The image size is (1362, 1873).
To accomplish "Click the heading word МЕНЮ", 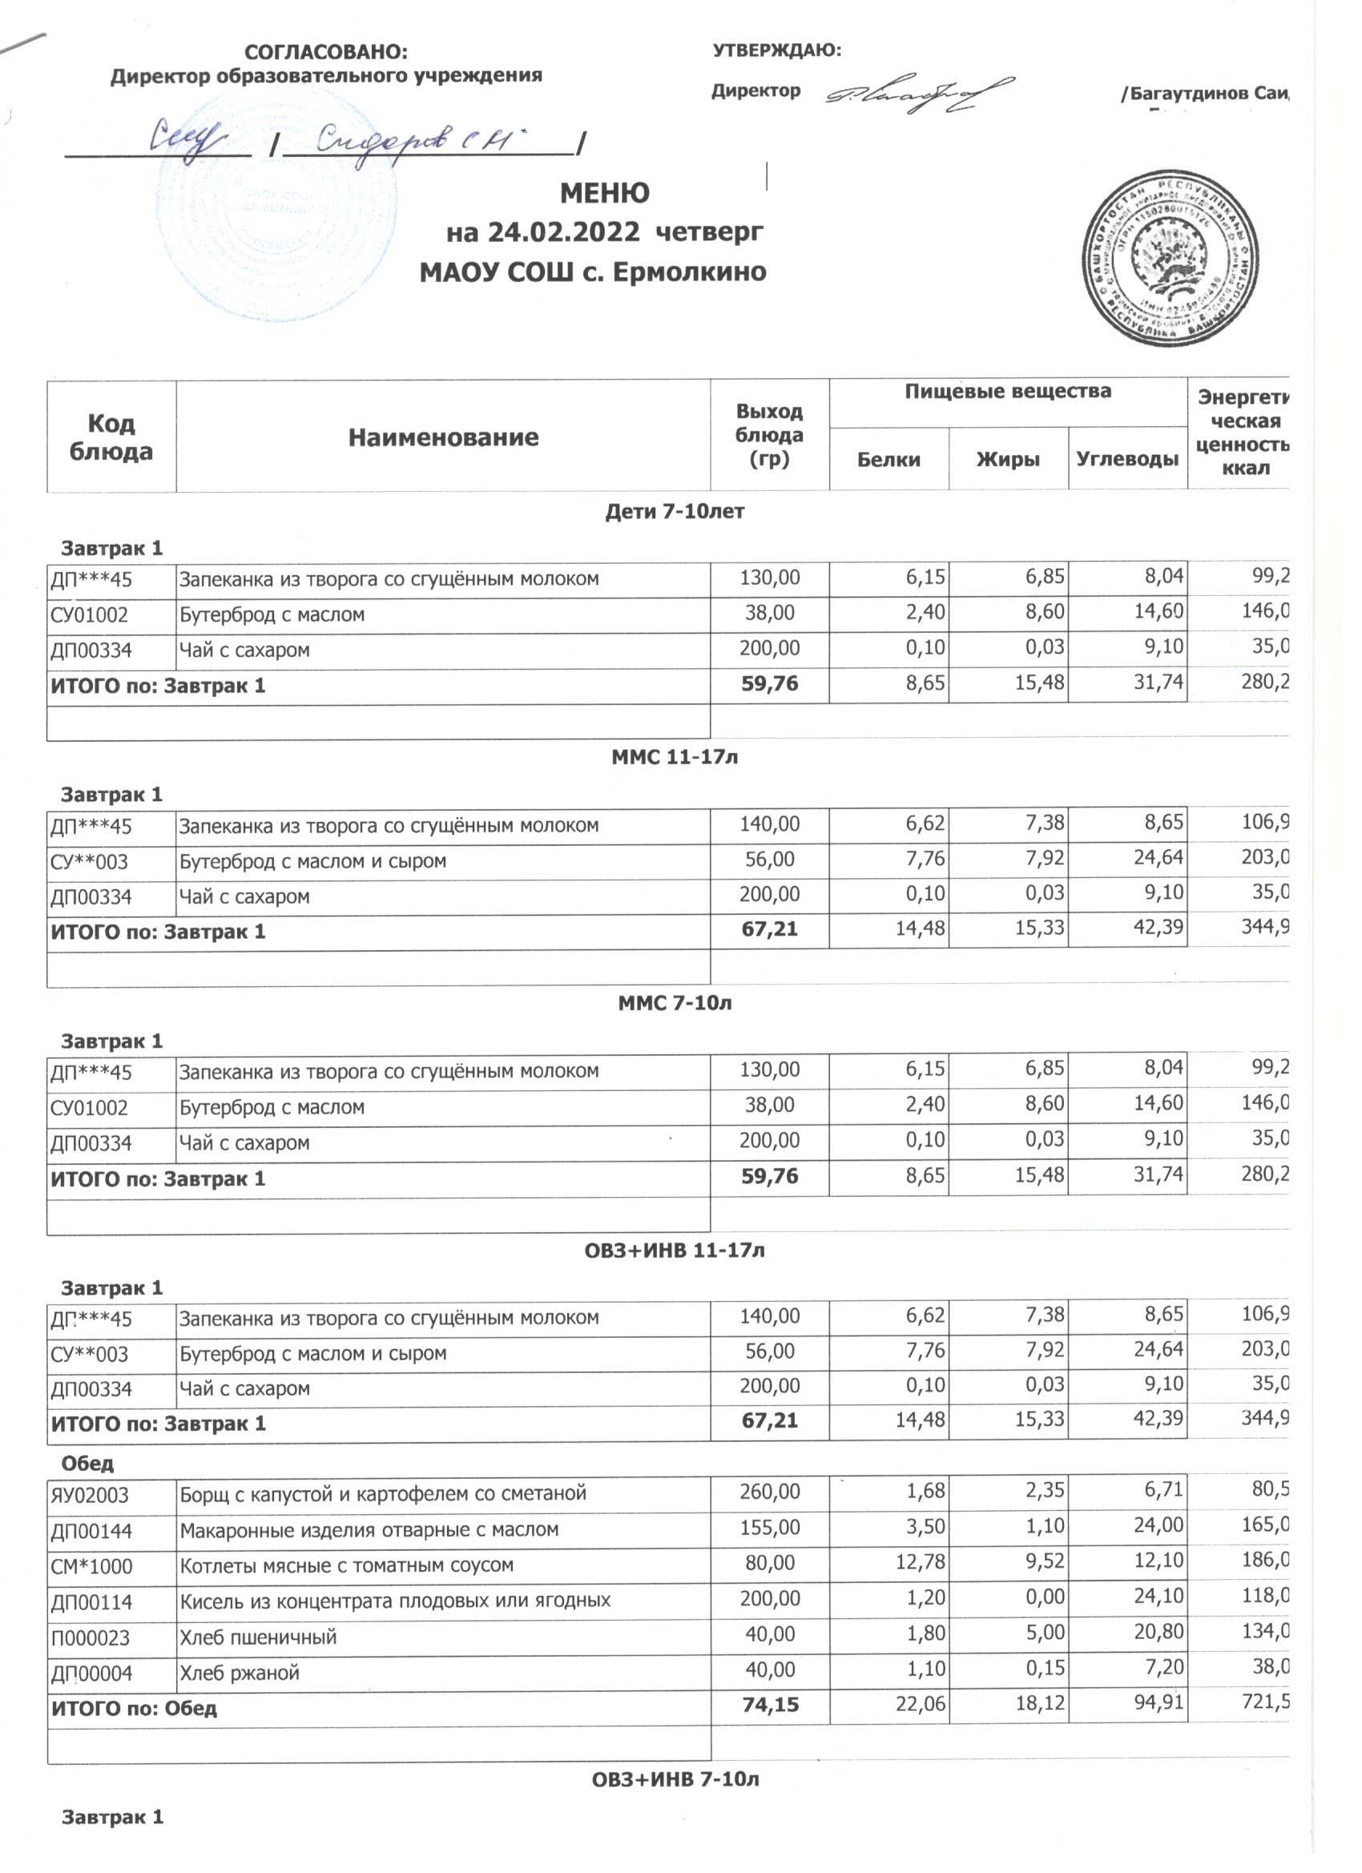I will coord(605,193).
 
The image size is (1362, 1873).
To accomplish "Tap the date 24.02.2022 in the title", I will coord(563,232).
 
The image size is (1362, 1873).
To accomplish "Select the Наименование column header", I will coord(443,437).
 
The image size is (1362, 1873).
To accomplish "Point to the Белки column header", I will coord(889,459).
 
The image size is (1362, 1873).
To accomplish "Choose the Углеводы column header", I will coord(1126,459).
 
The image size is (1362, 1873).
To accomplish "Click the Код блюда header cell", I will coord(111,437).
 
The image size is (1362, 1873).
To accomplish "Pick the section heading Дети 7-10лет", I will coord(675,511).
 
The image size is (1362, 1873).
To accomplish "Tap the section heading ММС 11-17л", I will coord(674,757).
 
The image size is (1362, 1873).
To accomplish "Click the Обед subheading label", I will coord(87,1464).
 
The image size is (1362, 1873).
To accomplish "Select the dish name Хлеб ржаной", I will coord(240,1674).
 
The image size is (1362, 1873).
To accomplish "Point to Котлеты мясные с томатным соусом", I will coord(347,1565).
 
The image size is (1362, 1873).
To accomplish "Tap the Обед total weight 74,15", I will coord(770,1706).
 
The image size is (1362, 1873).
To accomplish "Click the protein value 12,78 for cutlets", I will coord(925,1561).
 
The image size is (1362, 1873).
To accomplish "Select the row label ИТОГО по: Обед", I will coord(134,1708).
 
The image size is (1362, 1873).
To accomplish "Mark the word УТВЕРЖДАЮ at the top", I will coord(776,50).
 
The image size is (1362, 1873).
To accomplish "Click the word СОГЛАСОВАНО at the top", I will coord(326,52).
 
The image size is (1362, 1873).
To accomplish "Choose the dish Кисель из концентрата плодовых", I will coord(395,1601).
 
